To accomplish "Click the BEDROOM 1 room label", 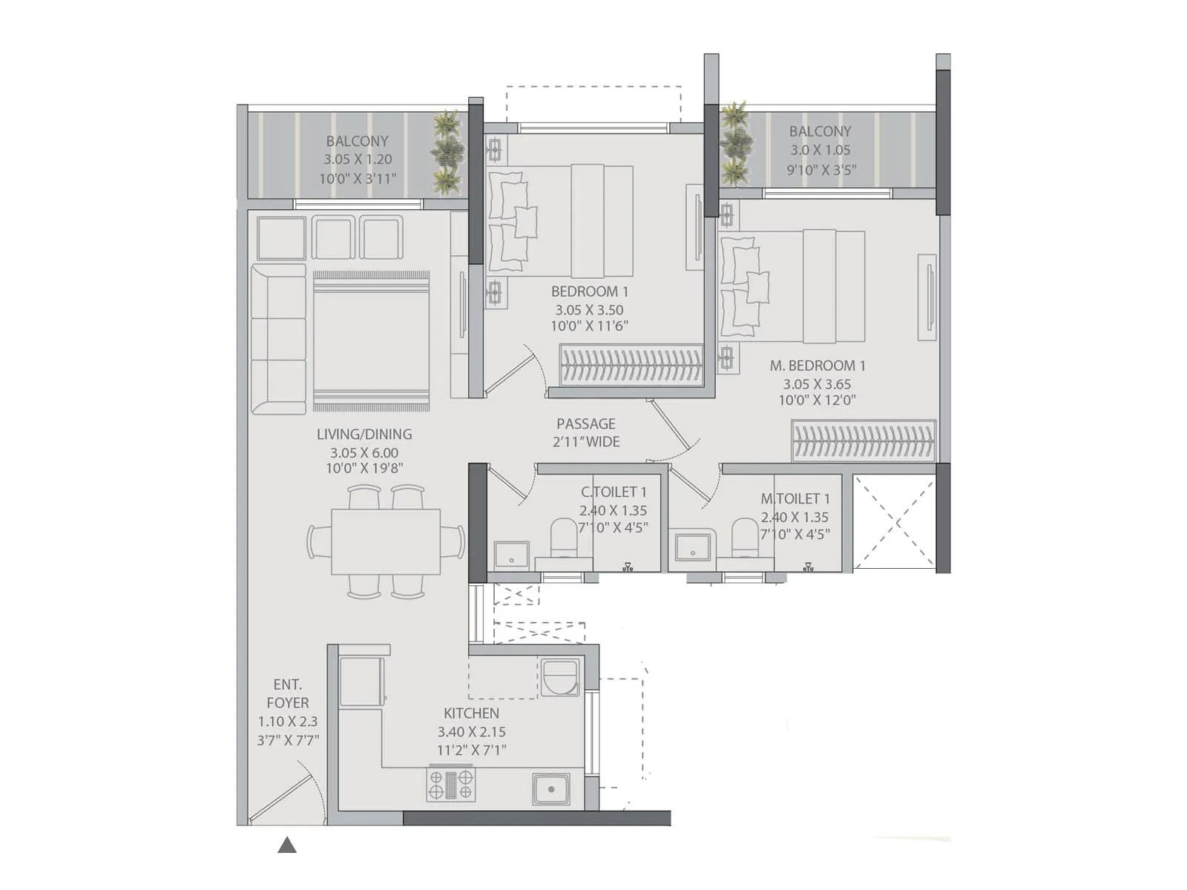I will click(x=589, y=291).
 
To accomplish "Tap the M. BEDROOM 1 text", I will click(x=818, y=366).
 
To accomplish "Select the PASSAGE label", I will click(x=586, y=423).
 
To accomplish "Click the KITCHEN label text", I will click(x=471, y=713).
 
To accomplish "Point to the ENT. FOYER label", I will click(x=288, y=693).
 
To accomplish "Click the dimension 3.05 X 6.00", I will click(x=364, y=452).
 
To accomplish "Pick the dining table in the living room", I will click(x=386, y=541).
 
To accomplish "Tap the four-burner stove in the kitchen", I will click(x=450, y=785).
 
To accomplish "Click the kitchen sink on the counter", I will click(x=551, y=789).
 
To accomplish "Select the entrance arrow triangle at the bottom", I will click(x=287, y=845).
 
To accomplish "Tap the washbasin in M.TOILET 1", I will click(x=693, y=547).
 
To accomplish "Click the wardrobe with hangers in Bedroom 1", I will click(x=631, y=365).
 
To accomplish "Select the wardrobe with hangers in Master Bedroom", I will click(x=863, y=441).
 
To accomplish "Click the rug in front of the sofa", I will click(x=371, y=341).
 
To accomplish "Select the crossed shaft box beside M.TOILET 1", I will click(x=895, y=523).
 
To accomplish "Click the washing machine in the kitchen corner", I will click(x=560, y=678).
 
